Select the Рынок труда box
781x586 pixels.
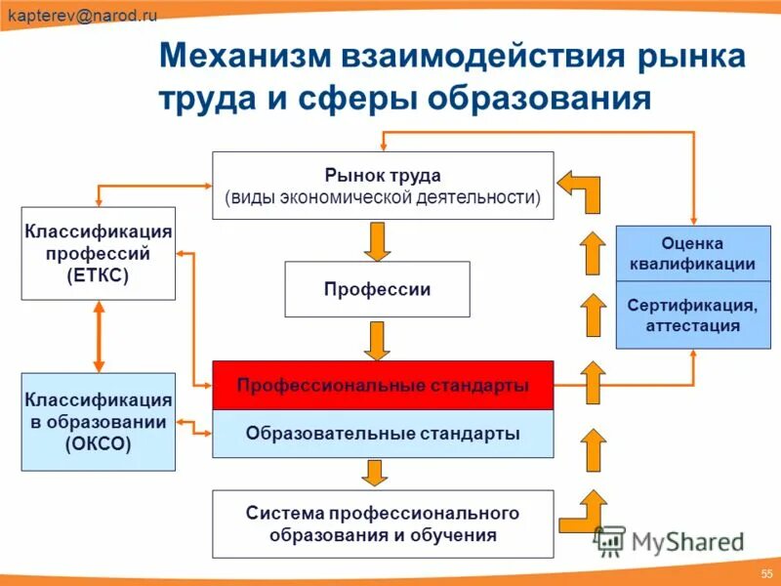pos(383,186)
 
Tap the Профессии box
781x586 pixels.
pos(377,289)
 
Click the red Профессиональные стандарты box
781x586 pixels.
pos(383,385)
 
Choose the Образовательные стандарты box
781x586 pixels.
pos(383,434)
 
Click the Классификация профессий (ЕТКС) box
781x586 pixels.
pos(99,253)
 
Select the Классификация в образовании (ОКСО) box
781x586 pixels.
pos(99,422)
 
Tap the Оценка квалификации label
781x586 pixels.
pos(693,253)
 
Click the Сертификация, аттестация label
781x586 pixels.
pos(693,315)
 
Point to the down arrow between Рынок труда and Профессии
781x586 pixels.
pos(377,239)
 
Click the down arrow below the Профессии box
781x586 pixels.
pos(377,340)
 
